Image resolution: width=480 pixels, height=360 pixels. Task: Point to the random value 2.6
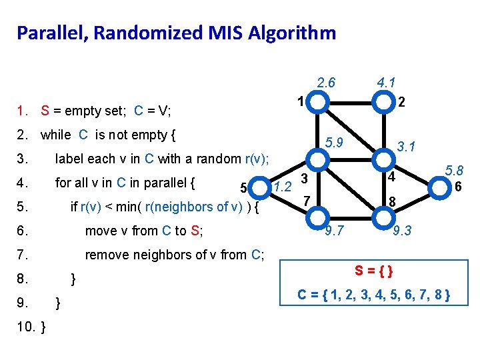[326, 83]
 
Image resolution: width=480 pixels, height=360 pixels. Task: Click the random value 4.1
[387, 83]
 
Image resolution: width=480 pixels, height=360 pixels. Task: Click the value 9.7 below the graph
[333, 231]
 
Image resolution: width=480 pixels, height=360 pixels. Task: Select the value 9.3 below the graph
[403, 231]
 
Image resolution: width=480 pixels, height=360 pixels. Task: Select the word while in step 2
[56, 135]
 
